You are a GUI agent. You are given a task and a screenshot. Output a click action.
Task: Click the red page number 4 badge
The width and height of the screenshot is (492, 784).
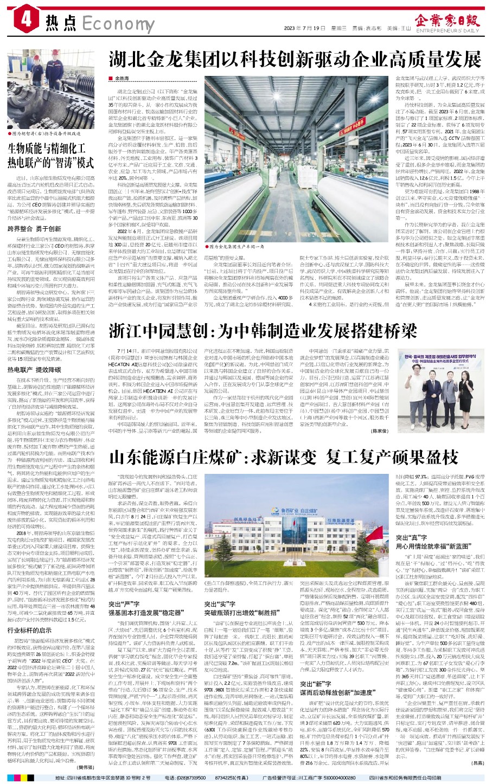(x=27, y=21)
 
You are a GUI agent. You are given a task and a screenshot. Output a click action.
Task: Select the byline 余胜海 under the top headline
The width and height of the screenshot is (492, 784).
(x=122, y=79)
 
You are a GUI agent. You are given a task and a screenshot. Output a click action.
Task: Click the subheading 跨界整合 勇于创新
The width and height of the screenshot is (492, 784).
(x=35, y=229)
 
